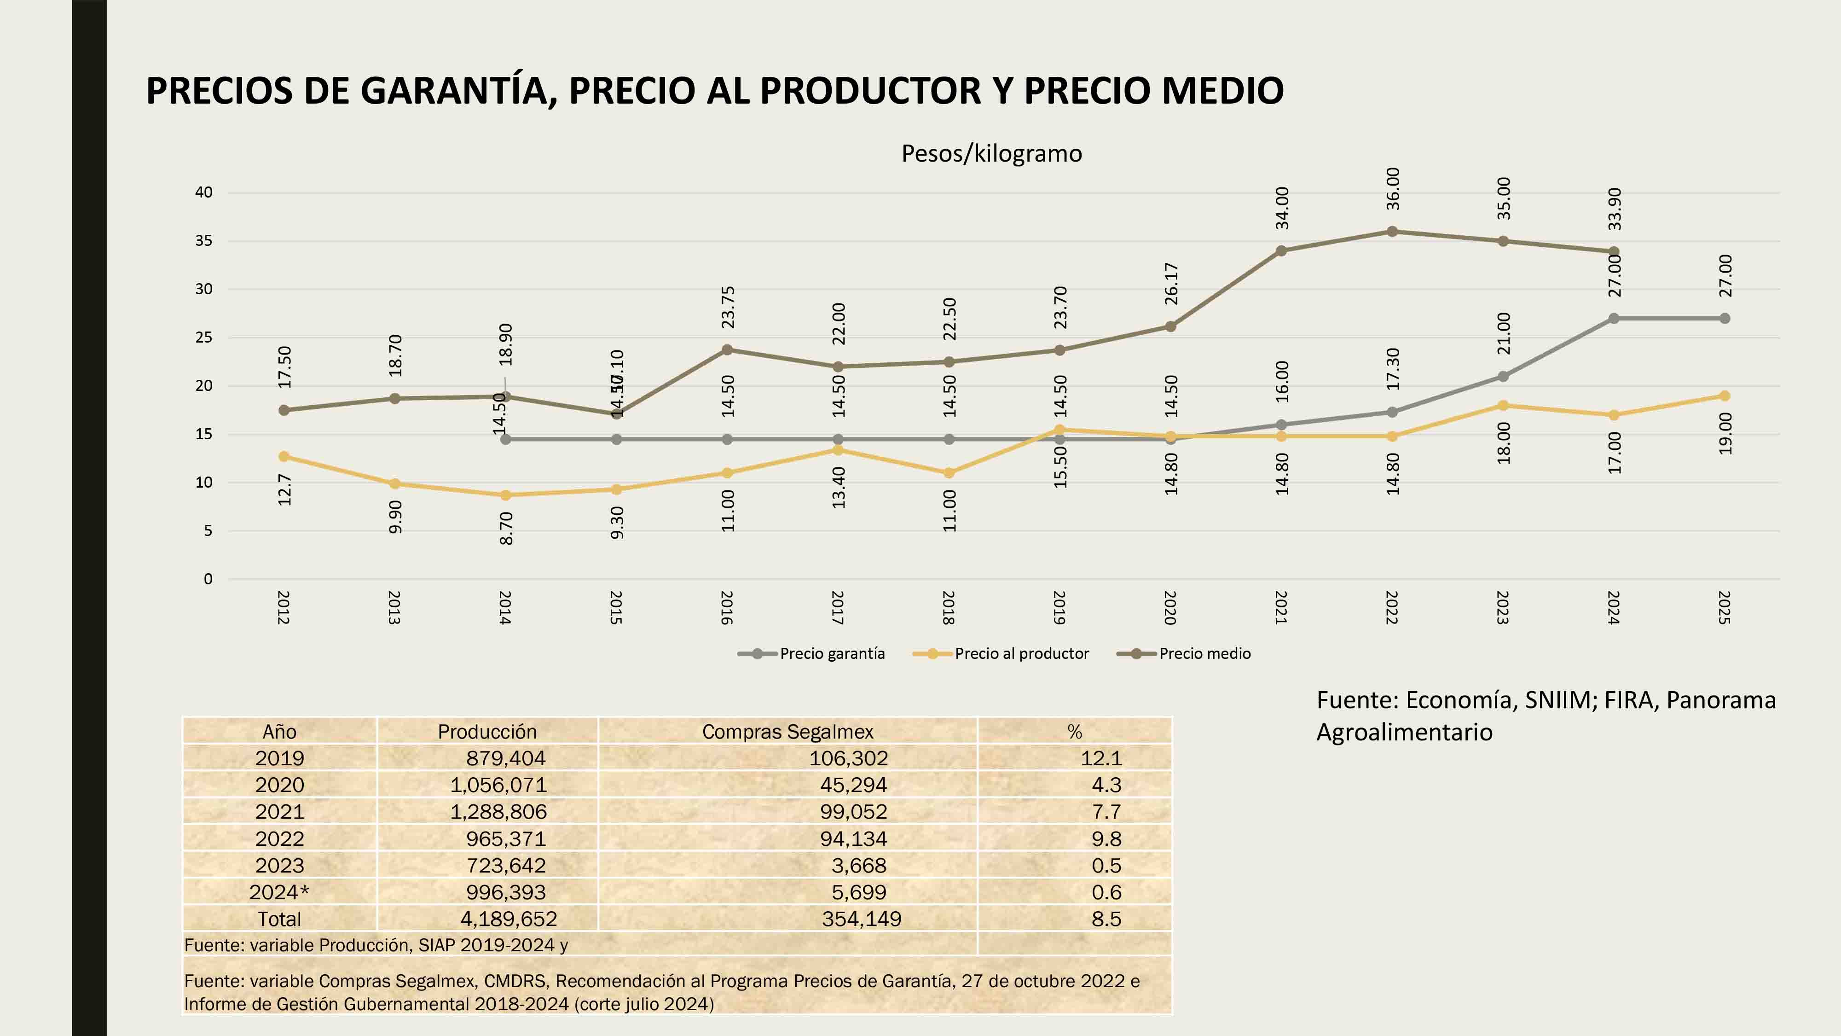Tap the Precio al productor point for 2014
pyautogui.click(x=505, y=495)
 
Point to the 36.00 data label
pyautogui.click(x=1393, y=189)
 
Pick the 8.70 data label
pyautogui.click(x=506, y=529)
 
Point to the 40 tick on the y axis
pyautogui.click(x=204, y=192)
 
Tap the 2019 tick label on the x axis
pyautogui.click(x=1059, y=608)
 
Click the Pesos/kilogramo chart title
pyautogui.click(x=991, y=154)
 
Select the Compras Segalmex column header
pyautogui.click(x=787, y=732)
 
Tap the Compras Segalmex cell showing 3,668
pyautogui.click(x=858, y=865)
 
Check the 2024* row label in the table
pyautogui.click(x=279, y=892)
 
